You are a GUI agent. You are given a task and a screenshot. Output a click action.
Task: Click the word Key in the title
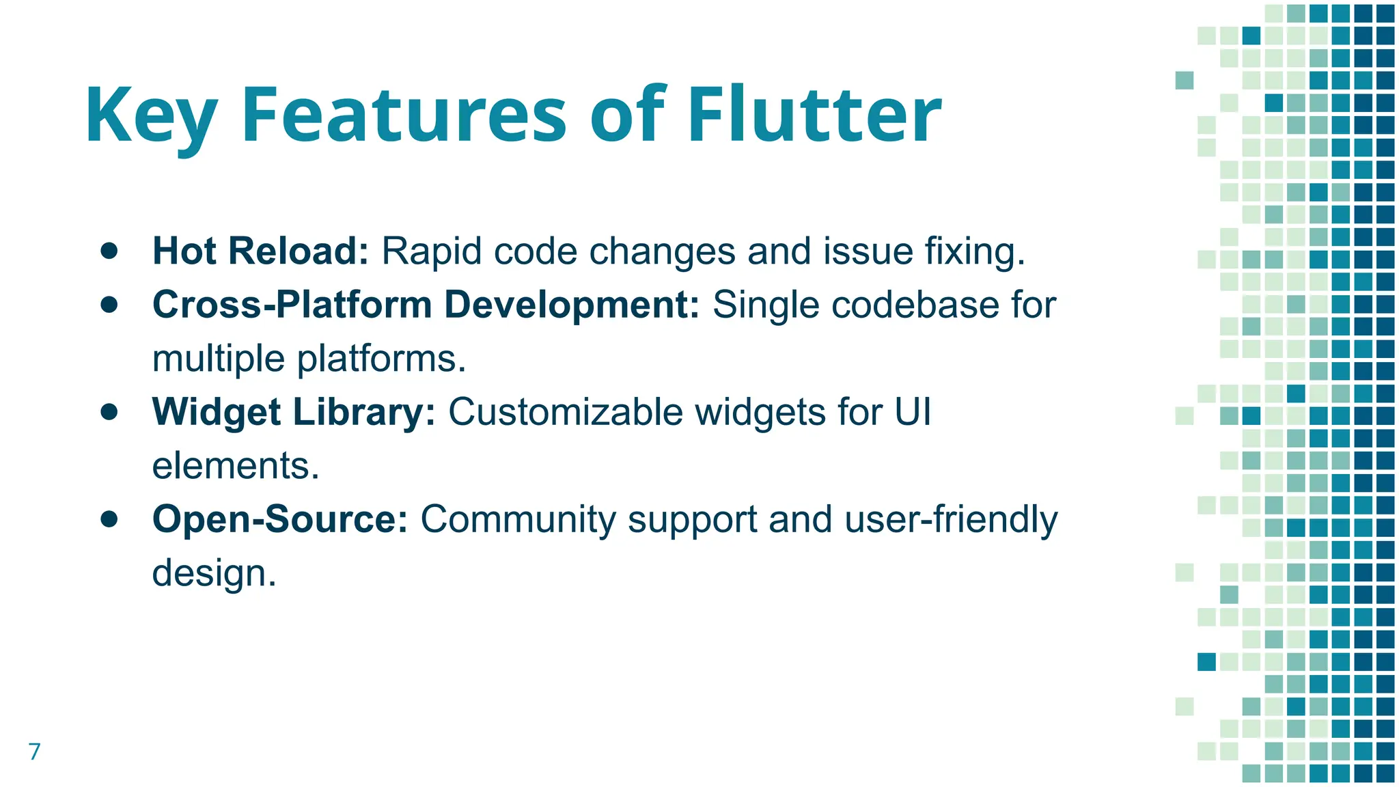(x=152, y=116)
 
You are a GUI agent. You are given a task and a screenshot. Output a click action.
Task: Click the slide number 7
(x=34, y=751)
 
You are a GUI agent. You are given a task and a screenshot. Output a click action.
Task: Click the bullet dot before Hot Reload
(x=109, y=251)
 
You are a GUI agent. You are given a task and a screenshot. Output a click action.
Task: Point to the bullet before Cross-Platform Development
(x=109, y=304)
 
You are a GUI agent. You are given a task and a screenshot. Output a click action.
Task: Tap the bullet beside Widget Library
(x=109, y=412)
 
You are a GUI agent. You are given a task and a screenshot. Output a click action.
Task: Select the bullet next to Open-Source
(x=109, y=519)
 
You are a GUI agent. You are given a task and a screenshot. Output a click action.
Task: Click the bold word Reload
(x=299, y=251)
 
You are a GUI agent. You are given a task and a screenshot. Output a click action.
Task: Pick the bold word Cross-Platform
(x=292, y=305)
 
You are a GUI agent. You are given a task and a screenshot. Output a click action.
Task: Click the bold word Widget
(x=217, y=412)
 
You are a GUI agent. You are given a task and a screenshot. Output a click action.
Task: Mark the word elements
(x=235, y=466)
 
